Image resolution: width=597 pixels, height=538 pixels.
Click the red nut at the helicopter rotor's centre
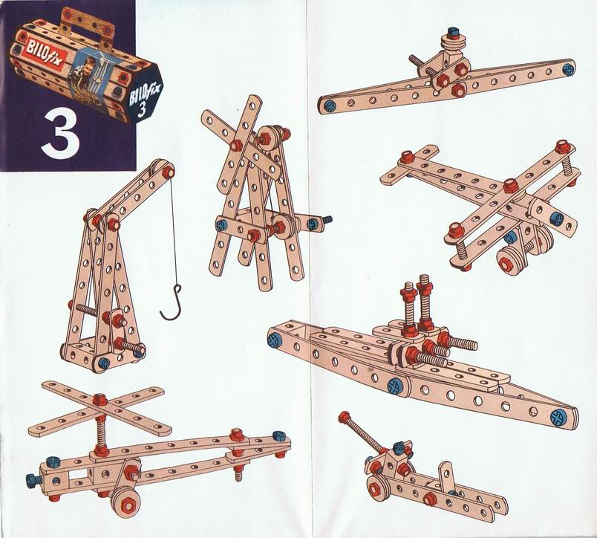click(x=99, y=400)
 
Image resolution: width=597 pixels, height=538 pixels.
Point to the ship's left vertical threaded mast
click(x=408, y=309)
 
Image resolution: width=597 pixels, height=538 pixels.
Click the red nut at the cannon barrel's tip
click(x=345, y=416)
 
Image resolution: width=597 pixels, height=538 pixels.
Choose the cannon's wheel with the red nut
click(x=375, y=487)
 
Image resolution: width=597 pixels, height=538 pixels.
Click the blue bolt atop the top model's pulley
click(x=454, y=33)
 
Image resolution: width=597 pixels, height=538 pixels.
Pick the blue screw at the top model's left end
click(x=327, y=106)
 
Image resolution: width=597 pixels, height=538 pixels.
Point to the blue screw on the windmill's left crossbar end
click(x=221, y=224)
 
